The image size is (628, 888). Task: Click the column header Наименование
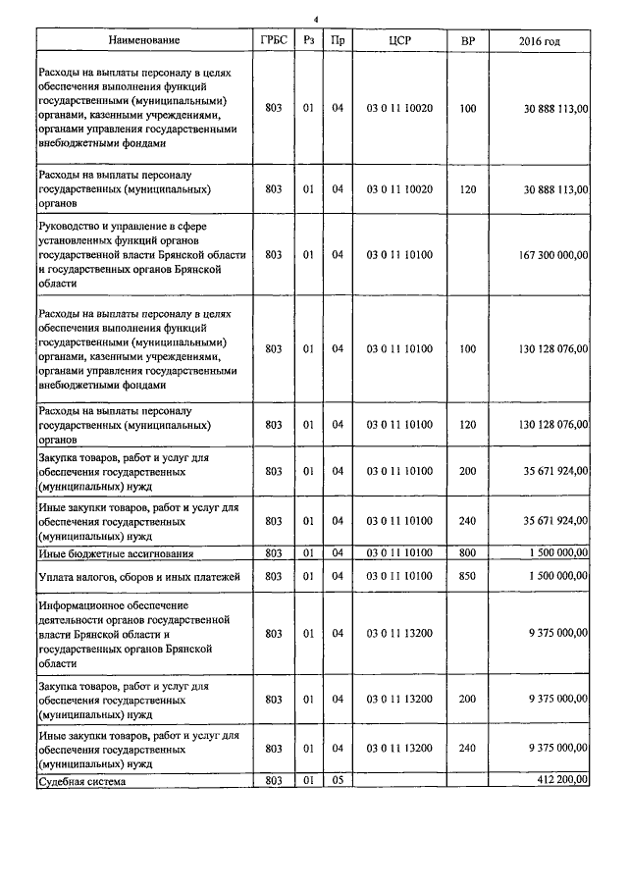click(144, 40)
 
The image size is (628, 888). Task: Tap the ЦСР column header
click(399, 40)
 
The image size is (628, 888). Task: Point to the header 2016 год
click(539, 40)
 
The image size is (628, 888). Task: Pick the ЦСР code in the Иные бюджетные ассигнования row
click(399, 553)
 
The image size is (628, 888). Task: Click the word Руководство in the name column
click(72, 225)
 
